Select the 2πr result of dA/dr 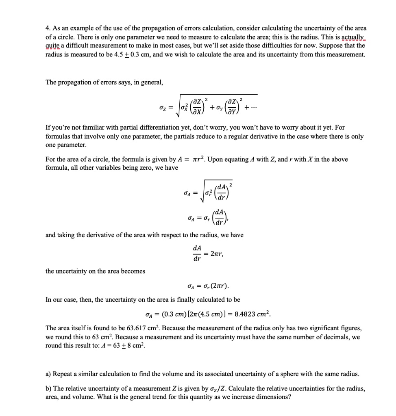[x=215, y=254]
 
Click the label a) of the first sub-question [x=48, y=374]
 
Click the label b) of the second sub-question [x=48, y=388]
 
